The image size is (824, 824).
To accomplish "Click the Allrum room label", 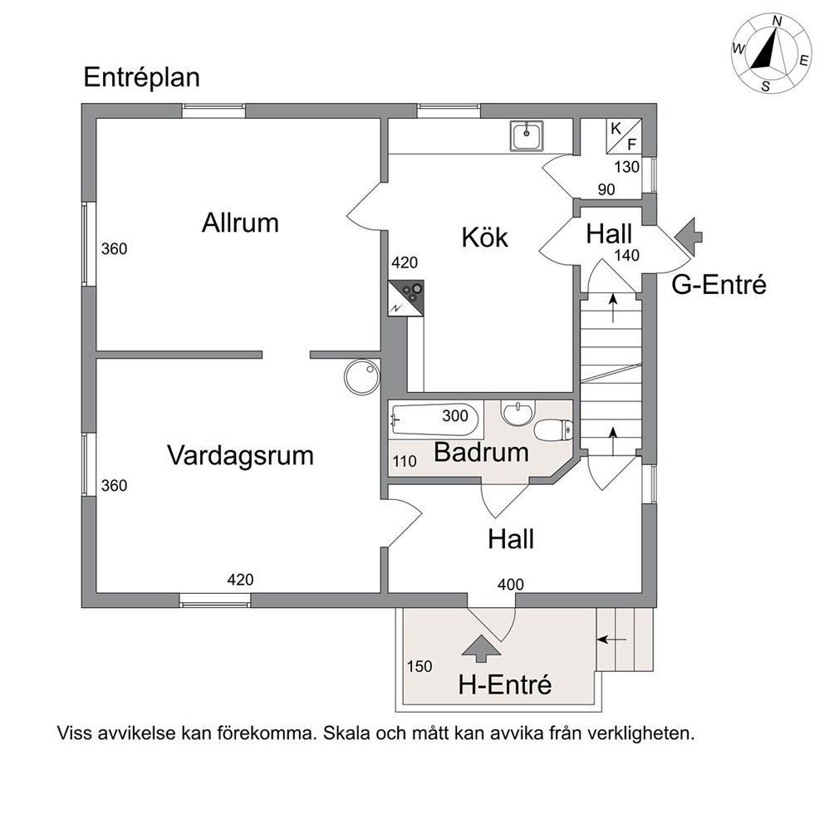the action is (240, 223).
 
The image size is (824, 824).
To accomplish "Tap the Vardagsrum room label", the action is (240, 455).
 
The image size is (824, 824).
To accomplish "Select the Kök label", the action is (484, 237).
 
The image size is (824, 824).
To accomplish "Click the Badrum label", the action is (481, 452).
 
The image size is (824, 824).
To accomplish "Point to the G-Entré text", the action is (719, 285).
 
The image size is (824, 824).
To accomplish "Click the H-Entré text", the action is (505, 684).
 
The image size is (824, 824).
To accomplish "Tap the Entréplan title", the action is (142, 77).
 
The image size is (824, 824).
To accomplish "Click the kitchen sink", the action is (526, 135).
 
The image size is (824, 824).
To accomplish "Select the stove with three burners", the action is (405, 298).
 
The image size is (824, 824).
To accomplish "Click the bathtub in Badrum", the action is (435, 419).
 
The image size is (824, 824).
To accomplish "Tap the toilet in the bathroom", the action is (553, 430).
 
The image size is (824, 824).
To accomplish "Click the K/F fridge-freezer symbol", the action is (624, 136).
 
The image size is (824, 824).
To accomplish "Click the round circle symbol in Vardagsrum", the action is (361, 376).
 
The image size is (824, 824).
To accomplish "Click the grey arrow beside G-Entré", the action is (689, 237).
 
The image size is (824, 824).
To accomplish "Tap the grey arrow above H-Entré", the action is (481, 648).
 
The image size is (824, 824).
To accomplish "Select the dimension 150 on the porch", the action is (419, 666).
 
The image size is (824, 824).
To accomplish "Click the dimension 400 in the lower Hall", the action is (511, 585).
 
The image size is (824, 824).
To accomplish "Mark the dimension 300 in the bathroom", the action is (455, 415).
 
